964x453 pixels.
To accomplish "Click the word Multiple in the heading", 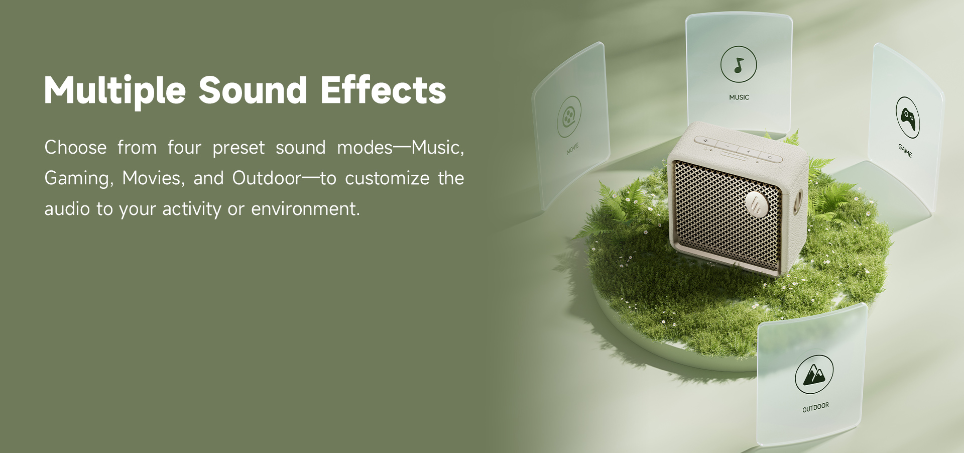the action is (115, 90).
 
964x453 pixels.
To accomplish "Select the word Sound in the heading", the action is (253, 90).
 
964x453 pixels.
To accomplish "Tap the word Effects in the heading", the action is (383, 90).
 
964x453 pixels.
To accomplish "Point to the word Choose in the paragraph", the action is (75, 148).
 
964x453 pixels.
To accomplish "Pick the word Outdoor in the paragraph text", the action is (267, 178).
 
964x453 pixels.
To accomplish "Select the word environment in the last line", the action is (305, 209).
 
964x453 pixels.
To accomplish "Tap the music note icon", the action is (739, 64).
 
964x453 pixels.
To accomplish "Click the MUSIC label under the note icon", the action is (739, 97).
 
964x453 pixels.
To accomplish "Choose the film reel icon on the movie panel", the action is (569, 117).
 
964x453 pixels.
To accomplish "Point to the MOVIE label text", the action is (572, 149).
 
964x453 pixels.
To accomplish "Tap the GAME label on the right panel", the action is (905, 150).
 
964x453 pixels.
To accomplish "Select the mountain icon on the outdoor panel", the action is (814, 375).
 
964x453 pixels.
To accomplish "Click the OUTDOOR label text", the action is (815, 407).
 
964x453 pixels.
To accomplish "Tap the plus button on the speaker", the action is (748, 151).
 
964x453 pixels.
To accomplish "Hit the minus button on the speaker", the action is (727, 145).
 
